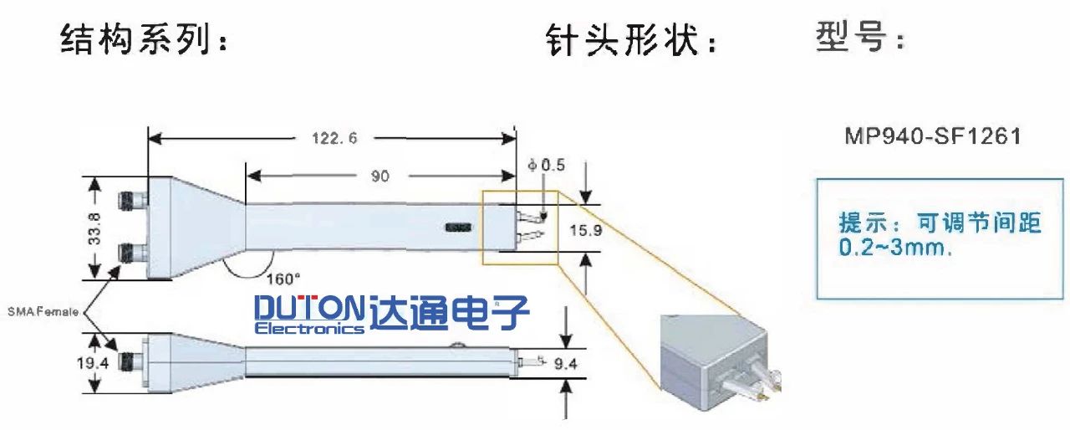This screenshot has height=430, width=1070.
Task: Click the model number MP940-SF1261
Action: coord(932,136)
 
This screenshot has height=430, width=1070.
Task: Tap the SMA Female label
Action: coord(43,311)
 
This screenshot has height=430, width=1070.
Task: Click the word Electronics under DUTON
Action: coord(309,329)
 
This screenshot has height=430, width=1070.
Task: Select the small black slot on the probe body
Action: coord(459,227)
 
